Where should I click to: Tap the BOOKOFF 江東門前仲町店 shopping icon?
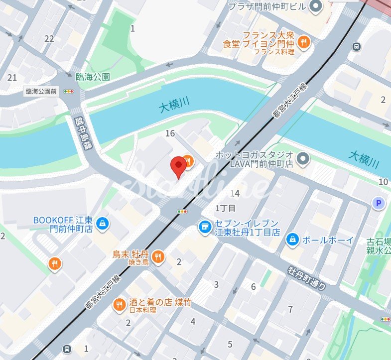coord(102,223)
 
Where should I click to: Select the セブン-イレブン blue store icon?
coord(203,228)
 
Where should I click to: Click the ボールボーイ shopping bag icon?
coord(292,240)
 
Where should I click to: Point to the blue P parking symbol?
coord(379,203)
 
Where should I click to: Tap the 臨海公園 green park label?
coord(93,77)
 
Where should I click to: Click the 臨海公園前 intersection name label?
coord(41,92)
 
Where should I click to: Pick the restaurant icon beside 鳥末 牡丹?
coord(158,256)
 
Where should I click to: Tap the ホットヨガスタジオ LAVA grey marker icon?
coord(303,159)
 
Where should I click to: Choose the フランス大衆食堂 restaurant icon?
coord(304,43)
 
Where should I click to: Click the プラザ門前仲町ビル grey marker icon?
coord(315,6)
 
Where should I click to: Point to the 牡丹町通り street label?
coord(307,278)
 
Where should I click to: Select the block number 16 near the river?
coord(170,133)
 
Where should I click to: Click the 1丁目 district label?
coord(225,208)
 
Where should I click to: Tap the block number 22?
coord(49,38)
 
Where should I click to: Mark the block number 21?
coord(12,77)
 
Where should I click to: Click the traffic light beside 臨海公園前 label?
coord(68,92)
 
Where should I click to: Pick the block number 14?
coord(235,193)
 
